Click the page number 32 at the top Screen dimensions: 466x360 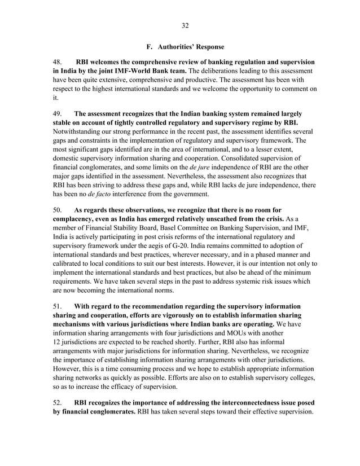[x=184, y=25]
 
